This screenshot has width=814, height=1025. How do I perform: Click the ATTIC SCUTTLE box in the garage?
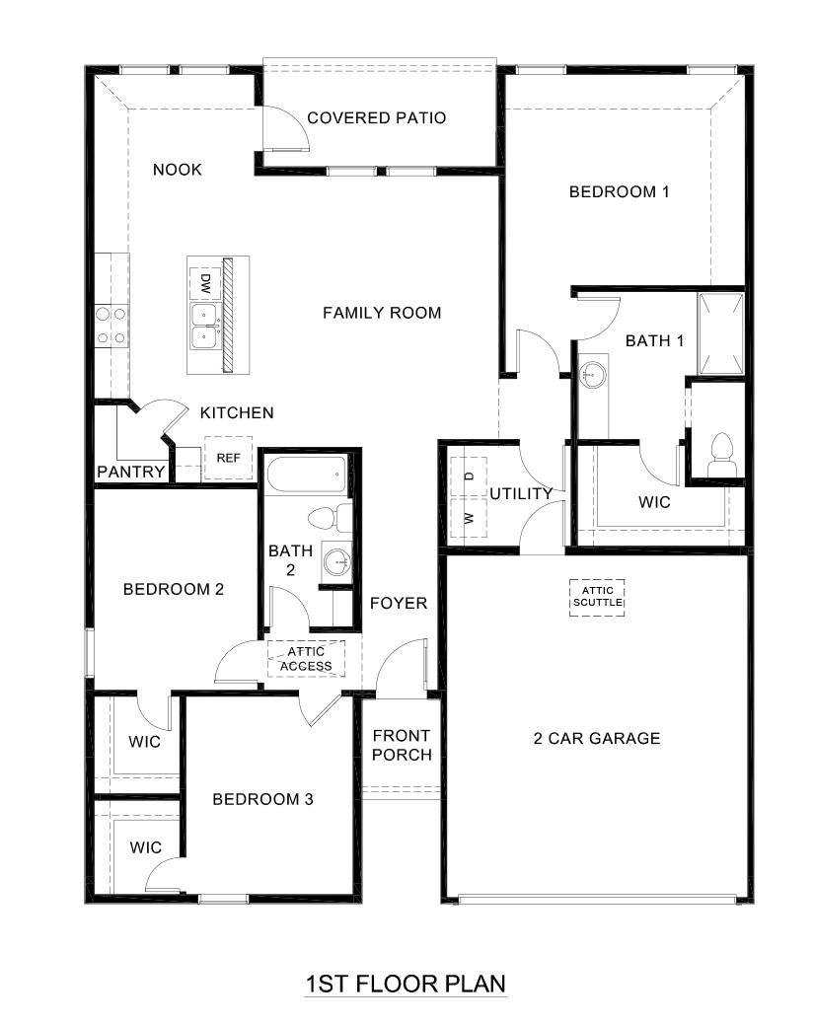tap(598, 596)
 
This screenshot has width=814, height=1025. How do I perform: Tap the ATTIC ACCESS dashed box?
tap(306, 658)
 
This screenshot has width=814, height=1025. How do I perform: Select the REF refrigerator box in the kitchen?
tap(228, 458)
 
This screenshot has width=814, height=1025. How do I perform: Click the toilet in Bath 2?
tap(331, 517)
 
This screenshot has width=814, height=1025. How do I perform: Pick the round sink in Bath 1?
tap(593, 373)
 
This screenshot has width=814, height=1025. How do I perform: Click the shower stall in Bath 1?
tap(720, 333)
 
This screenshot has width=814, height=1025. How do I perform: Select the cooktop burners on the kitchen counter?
tap(111, 326)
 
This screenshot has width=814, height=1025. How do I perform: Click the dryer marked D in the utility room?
tap(469, 476)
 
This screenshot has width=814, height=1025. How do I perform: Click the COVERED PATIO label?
tap(376, 118)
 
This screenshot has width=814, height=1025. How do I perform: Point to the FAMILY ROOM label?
tap(382, 313)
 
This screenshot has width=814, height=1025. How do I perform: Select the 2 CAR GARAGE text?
tap(597, 738)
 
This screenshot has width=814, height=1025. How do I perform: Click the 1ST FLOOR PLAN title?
tap(406, 984)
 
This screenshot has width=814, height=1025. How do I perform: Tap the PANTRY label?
tap(130, 473)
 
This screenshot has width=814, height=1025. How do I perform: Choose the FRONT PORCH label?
tap(402, 746)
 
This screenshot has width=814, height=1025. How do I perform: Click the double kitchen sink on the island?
tap(205, 327)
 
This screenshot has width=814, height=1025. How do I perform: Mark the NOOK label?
tap(178, 170)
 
